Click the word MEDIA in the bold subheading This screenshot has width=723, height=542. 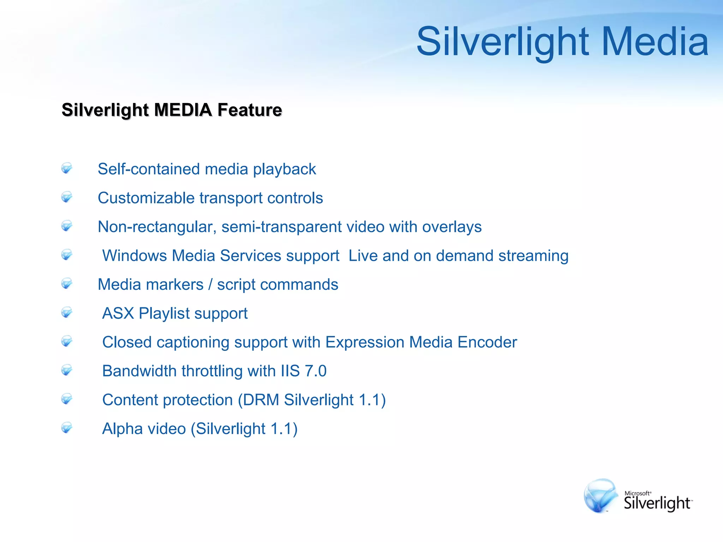click(x=183, y=110)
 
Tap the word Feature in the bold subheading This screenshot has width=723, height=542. click(x=250, y=110)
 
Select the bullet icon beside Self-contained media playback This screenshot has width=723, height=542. click(x=66, y=168)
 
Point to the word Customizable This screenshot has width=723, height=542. click(x=146, y=198)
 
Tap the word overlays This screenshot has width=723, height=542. click(x=452, y=227)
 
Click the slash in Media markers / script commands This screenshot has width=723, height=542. click(x=210, y=285)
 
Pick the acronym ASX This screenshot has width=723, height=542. click(x=118, y=313)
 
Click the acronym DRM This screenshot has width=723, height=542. click(x=261, y=400)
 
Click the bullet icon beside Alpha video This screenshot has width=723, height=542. click(x=66, y=428)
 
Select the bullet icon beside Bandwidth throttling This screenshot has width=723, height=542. click(x=66, y=370)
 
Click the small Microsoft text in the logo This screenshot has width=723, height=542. click(x=638, y=493)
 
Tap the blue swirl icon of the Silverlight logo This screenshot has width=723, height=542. click(x=600, y=496)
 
